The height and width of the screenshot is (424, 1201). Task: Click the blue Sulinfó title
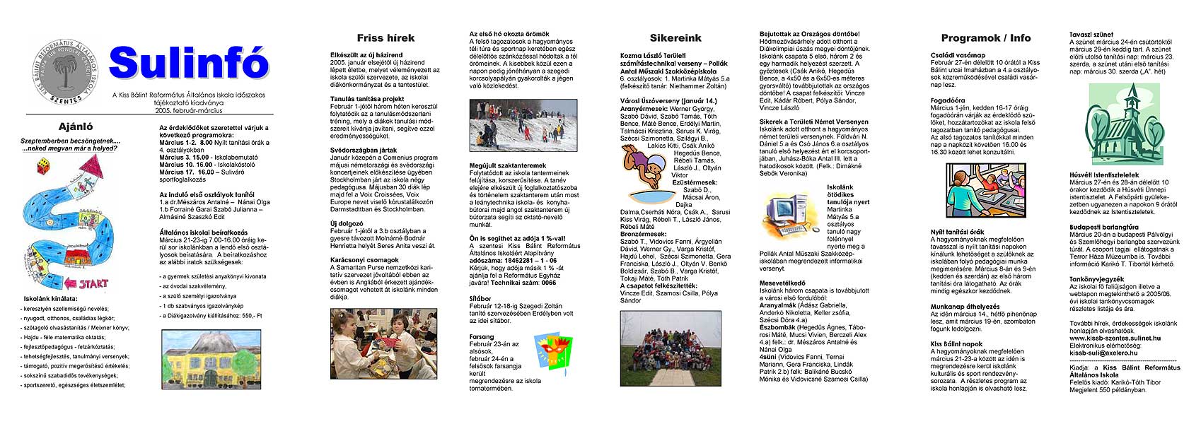pyautogui.click(x=189, y=63)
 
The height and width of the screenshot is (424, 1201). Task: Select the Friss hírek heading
pyautogui.click(x=385, y=38)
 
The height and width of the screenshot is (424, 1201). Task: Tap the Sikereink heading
pyautogui.click(x=675, y=38)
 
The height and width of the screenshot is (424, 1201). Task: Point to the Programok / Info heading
pyautogui.click(x=985, y=38)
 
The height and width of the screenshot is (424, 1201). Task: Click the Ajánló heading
pyautogui.click(x=75, y=127)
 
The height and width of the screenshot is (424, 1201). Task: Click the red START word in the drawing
pyautogui.click(x=93, y=283)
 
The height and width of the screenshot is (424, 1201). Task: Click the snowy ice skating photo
pyautogui.click(x=523, y=125)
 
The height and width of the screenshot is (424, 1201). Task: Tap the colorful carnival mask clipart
pyautogui.click(x=552, y=353)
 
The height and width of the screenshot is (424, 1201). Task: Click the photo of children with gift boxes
pyautogui.click(x=383, y=343)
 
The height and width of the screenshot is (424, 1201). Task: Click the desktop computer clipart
pyautogui.click(x=790, y=214)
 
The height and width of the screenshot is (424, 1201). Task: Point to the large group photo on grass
pyautogui.click(x=670, y=348)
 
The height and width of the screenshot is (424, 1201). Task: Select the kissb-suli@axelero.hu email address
pyautogui.click(x=1104, y=352)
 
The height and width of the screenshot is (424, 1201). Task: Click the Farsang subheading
pyautogui.click(x=482, y=337)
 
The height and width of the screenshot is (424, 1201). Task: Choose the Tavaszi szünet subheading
pyautogui.click(x=1091, y=34)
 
